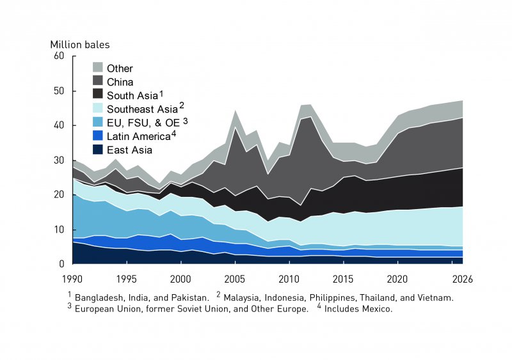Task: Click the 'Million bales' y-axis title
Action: (80, 45)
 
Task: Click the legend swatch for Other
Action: (98, 68)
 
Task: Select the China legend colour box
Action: (98, 82)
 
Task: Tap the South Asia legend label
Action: (131, 95)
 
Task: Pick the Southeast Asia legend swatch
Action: (98, 109)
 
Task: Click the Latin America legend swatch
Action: (98, 136)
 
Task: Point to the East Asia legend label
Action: (129, 150)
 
